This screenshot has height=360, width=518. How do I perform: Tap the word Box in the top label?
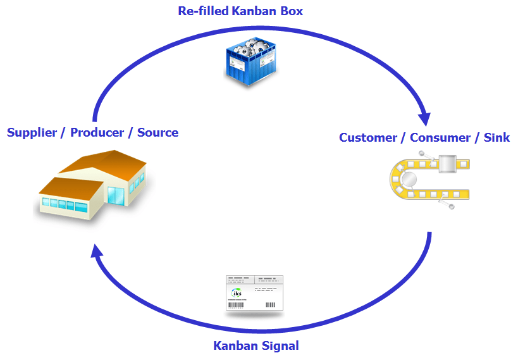tap(290, 11)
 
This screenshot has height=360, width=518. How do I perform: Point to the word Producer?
tap(97, 133)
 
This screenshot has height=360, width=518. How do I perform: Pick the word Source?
tap(157, 133)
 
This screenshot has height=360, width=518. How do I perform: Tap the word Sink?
tap(496, 138)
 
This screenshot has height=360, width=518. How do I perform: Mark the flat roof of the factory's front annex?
tap(70, 187)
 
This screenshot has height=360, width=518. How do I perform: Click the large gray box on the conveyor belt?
tap(447, 164)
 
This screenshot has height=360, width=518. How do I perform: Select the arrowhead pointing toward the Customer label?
tap(424, 118)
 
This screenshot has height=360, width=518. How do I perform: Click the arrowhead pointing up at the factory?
tap(96, 251)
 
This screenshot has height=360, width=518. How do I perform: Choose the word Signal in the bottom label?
tap(280, 346)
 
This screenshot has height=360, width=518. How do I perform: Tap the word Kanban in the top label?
tap(253, 11)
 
